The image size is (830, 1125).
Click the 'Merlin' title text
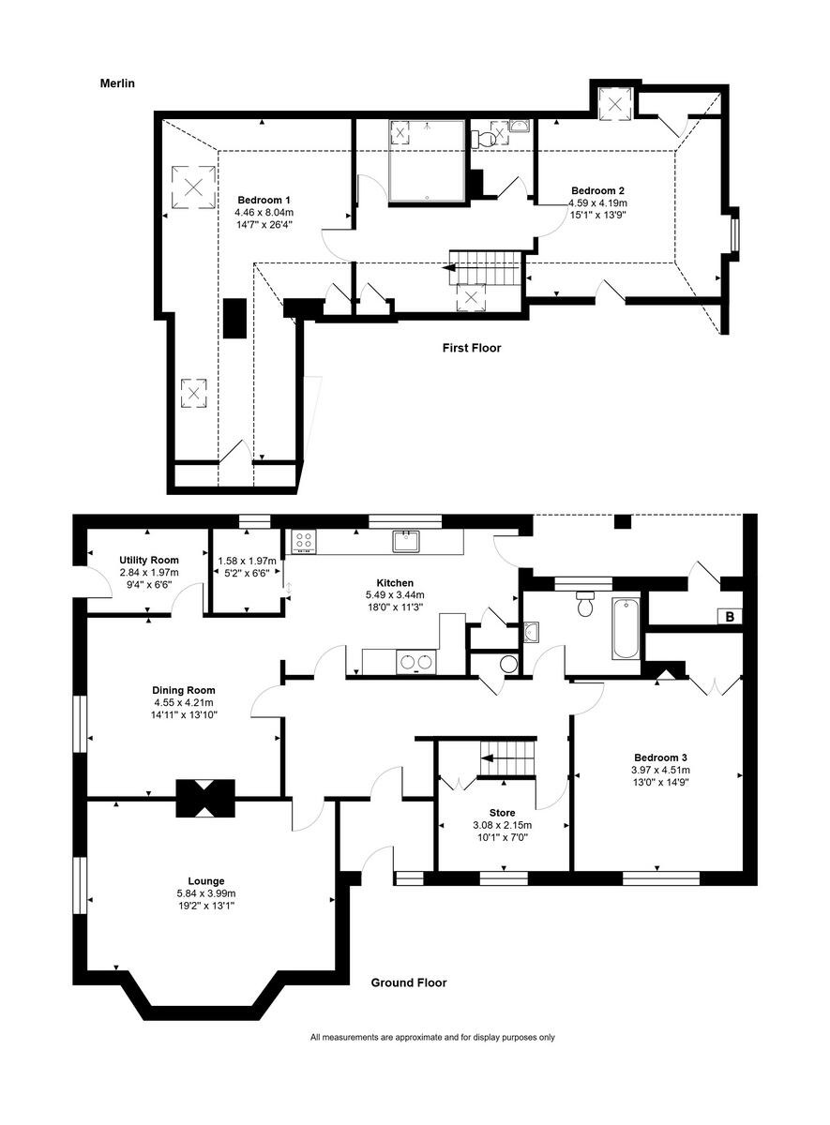(x=118, y=83)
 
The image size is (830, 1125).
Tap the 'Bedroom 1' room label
(x=264, y=200)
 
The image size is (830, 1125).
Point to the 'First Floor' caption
(x=472, y=348)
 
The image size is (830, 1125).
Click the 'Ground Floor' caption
(x=408, y=982)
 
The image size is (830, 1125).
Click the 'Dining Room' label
(x=184, y=690)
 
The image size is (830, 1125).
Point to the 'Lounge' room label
(x=205, y=880)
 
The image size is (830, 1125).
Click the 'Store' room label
(x=502, y=813)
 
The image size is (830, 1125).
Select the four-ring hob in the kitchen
(x=304, y=541)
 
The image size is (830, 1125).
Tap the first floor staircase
(x=485, y=267)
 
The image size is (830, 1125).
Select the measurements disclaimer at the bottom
(x=432, y=1037)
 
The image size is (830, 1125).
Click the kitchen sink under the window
(x=407, y=541)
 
